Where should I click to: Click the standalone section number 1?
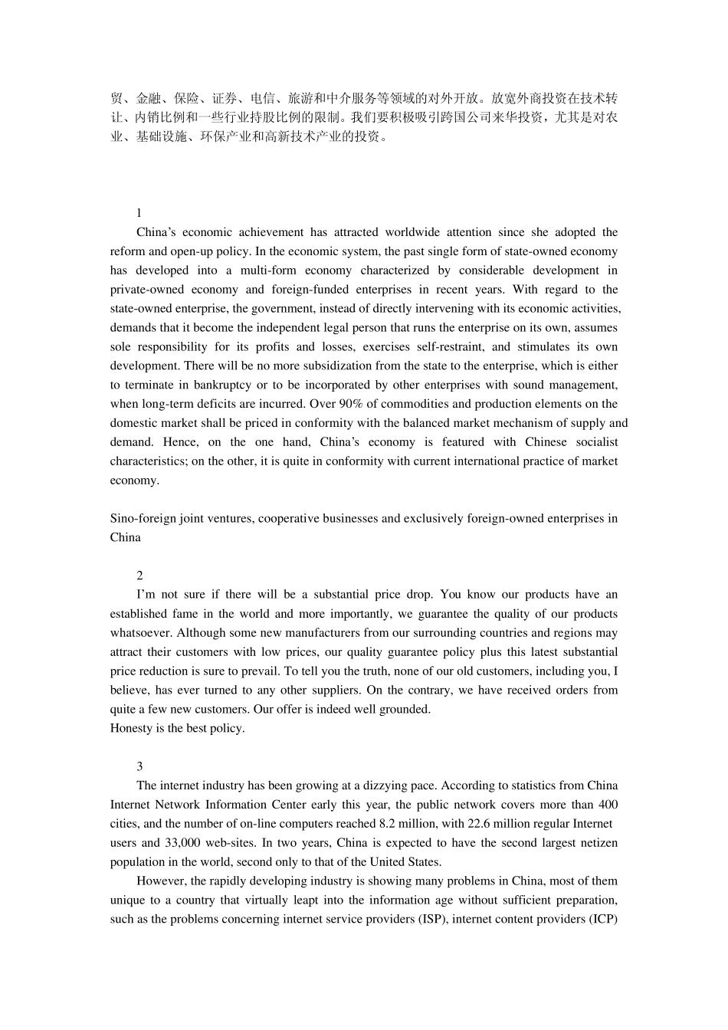click(x=139, y=213)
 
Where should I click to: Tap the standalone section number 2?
click(x=139, y=576)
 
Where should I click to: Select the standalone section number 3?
click(x=139, y=766)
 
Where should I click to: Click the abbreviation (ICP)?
click(x=603, y=919)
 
